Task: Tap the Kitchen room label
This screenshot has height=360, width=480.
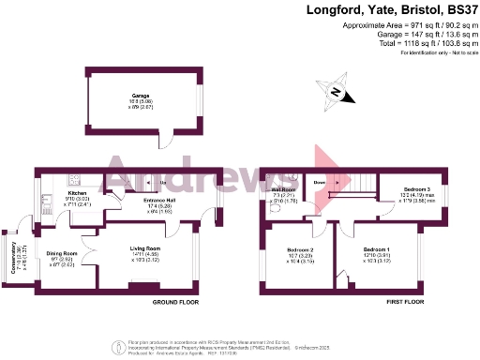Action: (78, 193)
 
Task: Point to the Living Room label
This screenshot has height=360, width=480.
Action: (144, 248)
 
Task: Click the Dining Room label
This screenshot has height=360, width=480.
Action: (62, 254)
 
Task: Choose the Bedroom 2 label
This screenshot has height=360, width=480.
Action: (299, 250)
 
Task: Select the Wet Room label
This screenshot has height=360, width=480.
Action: (284, 189)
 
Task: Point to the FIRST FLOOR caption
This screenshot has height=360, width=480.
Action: (405, 304)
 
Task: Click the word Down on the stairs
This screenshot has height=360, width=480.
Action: (319, 182)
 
